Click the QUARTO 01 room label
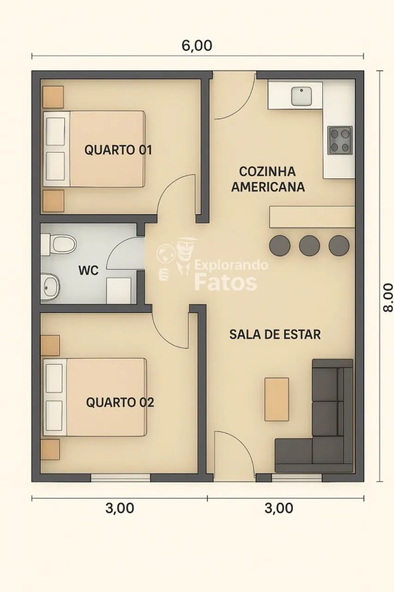tap(118, 150)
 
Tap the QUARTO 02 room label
tap(120, 402)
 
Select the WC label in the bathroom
tap(88, 271)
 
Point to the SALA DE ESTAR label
tap(275, 334)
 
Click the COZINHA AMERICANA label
tap(268, 179)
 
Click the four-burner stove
tap(340, 140)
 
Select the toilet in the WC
tap(60, 244)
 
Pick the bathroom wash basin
tap(50, 287)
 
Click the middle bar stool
tap(309, 246)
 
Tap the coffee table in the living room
tap(277, 399)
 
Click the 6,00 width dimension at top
tap(197, 46)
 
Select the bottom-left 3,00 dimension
tap(120, 508)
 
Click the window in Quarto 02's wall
tap(120, 477)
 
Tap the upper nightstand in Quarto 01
tap(53, 97)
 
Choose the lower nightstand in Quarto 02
tap(50, 449)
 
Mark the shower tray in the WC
tap(119, 290)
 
